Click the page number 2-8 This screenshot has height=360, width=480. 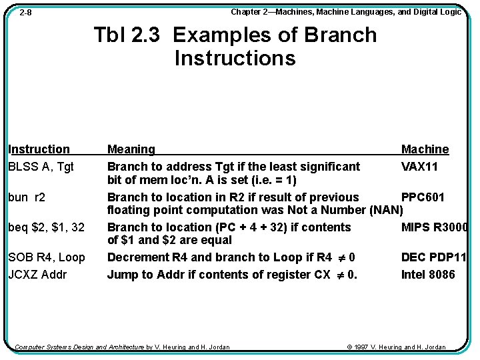click(25, 13)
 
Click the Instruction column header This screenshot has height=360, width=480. click(39, 149)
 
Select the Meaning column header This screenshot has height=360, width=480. click(131, 149)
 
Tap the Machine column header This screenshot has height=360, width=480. click(425, 149)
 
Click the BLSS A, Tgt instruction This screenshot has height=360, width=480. click(41, 167)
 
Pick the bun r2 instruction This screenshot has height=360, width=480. click(27, 197)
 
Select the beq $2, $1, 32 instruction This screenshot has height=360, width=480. click(46, 227)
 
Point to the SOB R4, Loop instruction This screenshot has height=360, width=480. click(47, 257)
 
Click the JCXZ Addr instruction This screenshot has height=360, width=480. click(37, 275)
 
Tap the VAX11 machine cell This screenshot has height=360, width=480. click(419, 167)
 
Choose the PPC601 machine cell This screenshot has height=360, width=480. click(423, 197)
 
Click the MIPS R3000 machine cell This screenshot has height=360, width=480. click(434, 227)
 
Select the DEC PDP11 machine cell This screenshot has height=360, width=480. click(433, 257)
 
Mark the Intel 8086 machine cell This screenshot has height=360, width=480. click(428, 275)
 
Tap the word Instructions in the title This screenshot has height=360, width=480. click(235, 58)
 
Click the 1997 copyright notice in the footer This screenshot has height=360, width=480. click(397, 347)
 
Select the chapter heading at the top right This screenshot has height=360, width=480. click(346, 12)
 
